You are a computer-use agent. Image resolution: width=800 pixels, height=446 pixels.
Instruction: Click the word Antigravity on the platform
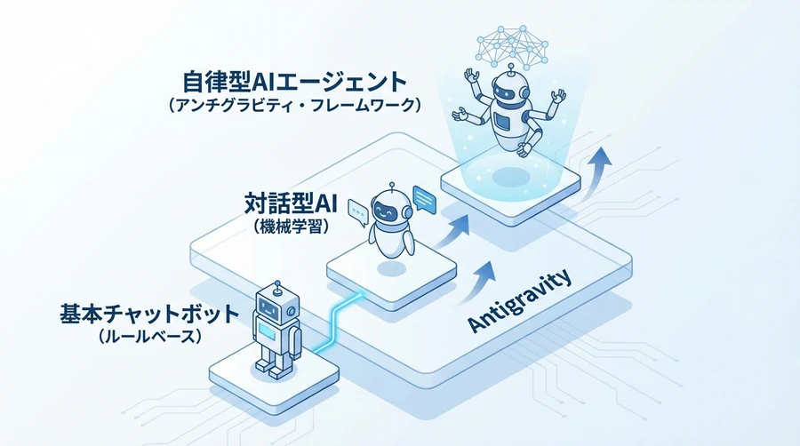pos(521,303)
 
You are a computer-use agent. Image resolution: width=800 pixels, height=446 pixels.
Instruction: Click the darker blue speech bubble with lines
pos(425,199)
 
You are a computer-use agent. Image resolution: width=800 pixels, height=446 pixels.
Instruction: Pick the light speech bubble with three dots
pos(358,211)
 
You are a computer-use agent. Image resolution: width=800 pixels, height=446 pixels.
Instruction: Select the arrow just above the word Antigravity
pos(480,279)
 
